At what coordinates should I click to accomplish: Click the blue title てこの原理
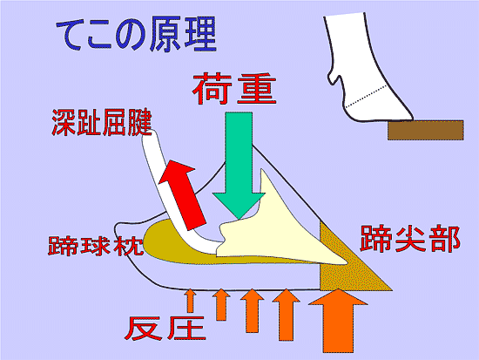click(136, 35)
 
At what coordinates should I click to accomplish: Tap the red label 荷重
click(234, 89)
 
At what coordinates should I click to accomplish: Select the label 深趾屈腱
click(102, 122)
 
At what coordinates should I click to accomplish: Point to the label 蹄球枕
click(96, 245)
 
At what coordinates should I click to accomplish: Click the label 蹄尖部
click(410, 239)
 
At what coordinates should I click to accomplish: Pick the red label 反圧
click(165, 329)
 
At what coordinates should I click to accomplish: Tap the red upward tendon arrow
click(182, 195)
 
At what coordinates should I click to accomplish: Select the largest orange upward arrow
click(338, 321)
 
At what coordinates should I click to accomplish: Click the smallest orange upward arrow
click(191, 301)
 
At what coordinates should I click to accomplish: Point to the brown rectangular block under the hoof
click(426, 130)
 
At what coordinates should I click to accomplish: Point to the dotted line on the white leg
click(368, 96)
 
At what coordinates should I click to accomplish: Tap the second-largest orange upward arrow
click(287, 315)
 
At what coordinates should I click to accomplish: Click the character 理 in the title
click(200, 35)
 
